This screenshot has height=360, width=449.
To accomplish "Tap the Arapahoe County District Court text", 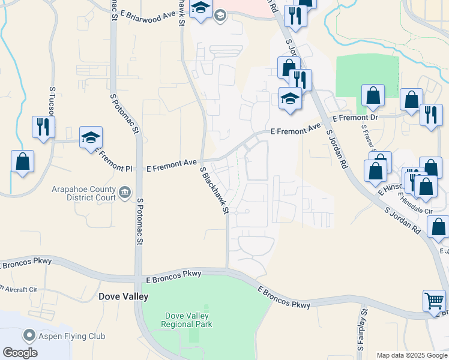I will click(85, 193).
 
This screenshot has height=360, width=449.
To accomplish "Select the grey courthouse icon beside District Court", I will click(125, 193).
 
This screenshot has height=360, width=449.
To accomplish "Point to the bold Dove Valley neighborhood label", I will click(123, 296).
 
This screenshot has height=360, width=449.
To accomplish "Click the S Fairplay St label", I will click(363, 329).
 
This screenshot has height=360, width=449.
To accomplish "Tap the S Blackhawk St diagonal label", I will click(215, 191).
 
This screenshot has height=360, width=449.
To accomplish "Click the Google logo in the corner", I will click(20, 353).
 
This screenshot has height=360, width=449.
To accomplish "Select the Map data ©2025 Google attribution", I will click(411, 355).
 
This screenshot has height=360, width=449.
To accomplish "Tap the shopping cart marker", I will click(434, 300).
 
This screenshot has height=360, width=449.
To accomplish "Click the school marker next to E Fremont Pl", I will click(91, 137).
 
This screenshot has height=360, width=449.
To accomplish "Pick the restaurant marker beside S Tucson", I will click(43, 127).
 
